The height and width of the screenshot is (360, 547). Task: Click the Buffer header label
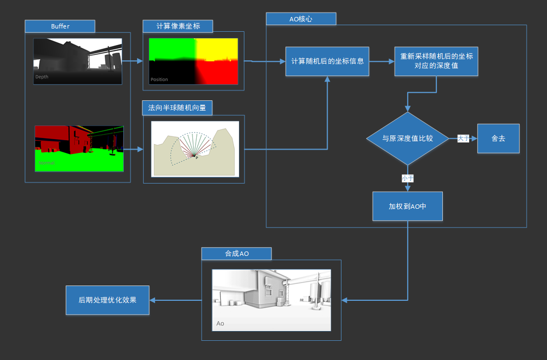coord(60,26)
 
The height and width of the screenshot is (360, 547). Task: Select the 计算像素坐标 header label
coord(178,26)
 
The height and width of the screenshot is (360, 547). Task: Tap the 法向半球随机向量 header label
coord(177,107)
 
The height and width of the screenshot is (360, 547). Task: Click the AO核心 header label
coord(301,19)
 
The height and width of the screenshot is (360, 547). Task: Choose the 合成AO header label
coord(236,253)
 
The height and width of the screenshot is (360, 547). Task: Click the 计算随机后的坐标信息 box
coord(328,61)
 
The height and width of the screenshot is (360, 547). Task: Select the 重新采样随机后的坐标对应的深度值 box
coord(436,61)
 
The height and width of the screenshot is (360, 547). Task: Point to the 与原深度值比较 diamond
coord(407,138)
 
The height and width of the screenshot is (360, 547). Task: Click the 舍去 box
coord(498,139)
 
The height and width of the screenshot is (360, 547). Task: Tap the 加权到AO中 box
coord(407,206)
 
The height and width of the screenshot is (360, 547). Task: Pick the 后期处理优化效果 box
coord(107,300)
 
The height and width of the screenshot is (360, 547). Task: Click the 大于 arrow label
coord(464,139)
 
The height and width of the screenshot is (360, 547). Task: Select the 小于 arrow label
coord(407,178)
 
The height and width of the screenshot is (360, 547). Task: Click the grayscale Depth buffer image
coord(77,61)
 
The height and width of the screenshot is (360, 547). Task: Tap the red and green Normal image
coord(79,148)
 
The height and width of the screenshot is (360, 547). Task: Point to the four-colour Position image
coord(194,61)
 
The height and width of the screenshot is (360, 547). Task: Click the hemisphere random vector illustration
coord(195,148)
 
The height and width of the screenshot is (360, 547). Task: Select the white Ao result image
coord(271,300)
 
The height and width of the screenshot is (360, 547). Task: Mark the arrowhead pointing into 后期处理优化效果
coord(153,300)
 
